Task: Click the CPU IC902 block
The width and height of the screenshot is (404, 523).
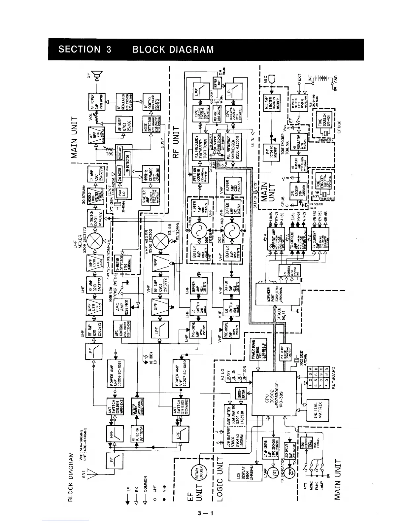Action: pyautogui.click(x=274, y=394)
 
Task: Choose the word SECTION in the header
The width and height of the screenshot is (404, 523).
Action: pyautogui.click(x=79, y=50)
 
